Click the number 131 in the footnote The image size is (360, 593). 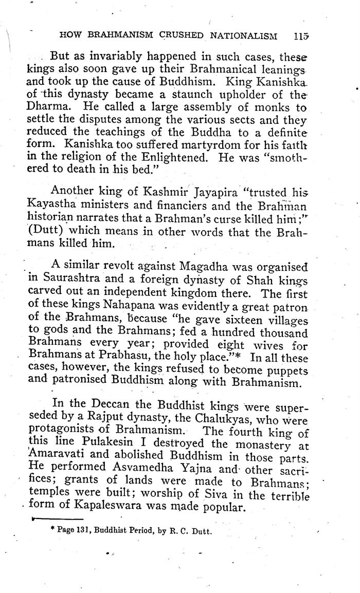pyautogui.click(x=85, y=532)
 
